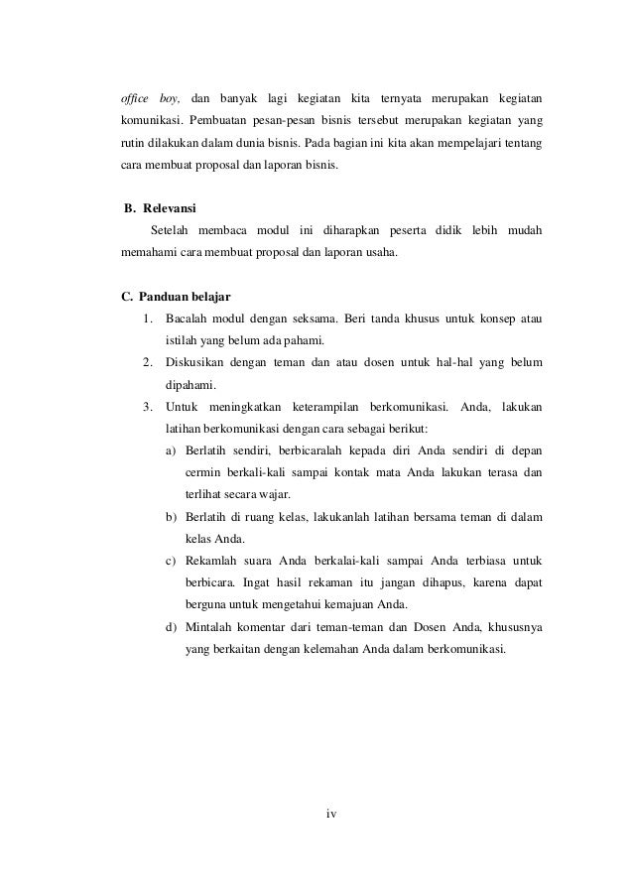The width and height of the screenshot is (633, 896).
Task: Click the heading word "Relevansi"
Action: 170,209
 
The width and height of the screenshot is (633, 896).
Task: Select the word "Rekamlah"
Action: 211,561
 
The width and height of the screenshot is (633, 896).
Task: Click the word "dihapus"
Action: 435,582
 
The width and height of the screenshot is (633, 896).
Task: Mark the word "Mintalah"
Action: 209,627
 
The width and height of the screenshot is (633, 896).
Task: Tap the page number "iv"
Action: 331,815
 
